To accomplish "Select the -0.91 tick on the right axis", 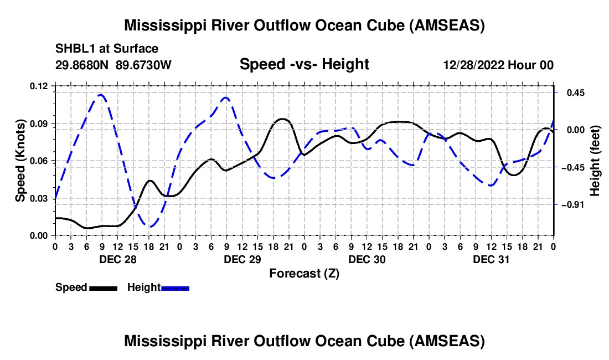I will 569,205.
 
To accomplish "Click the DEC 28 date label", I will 117,259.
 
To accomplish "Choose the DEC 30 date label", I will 367,259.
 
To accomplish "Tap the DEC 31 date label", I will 491,259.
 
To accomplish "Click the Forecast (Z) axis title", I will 304,273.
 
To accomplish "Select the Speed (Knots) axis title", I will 20,161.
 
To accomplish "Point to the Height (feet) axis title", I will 595,161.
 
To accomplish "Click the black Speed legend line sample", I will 103,288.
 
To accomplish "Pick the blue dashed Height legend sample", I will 175,288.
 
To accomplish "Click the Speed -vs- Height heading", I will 304,64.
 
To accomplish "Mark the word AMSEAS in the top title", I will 445,25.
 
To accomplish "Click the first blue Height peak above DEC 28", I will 101,95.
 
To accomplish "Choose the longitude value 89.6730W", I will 143,65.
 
